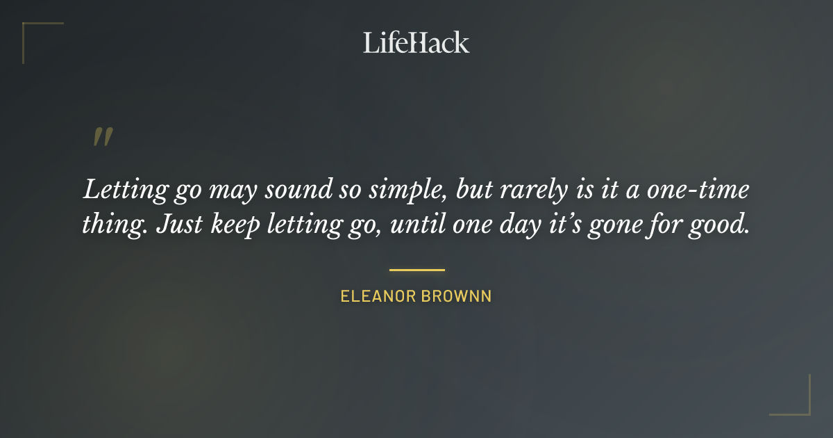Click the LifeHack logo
pyautogui.click(x=416, y=43)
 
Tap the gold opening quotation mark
pyautogui.click(x=102, y=137)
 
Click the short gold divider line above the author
pyautogui.click(x=416, y=270)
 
